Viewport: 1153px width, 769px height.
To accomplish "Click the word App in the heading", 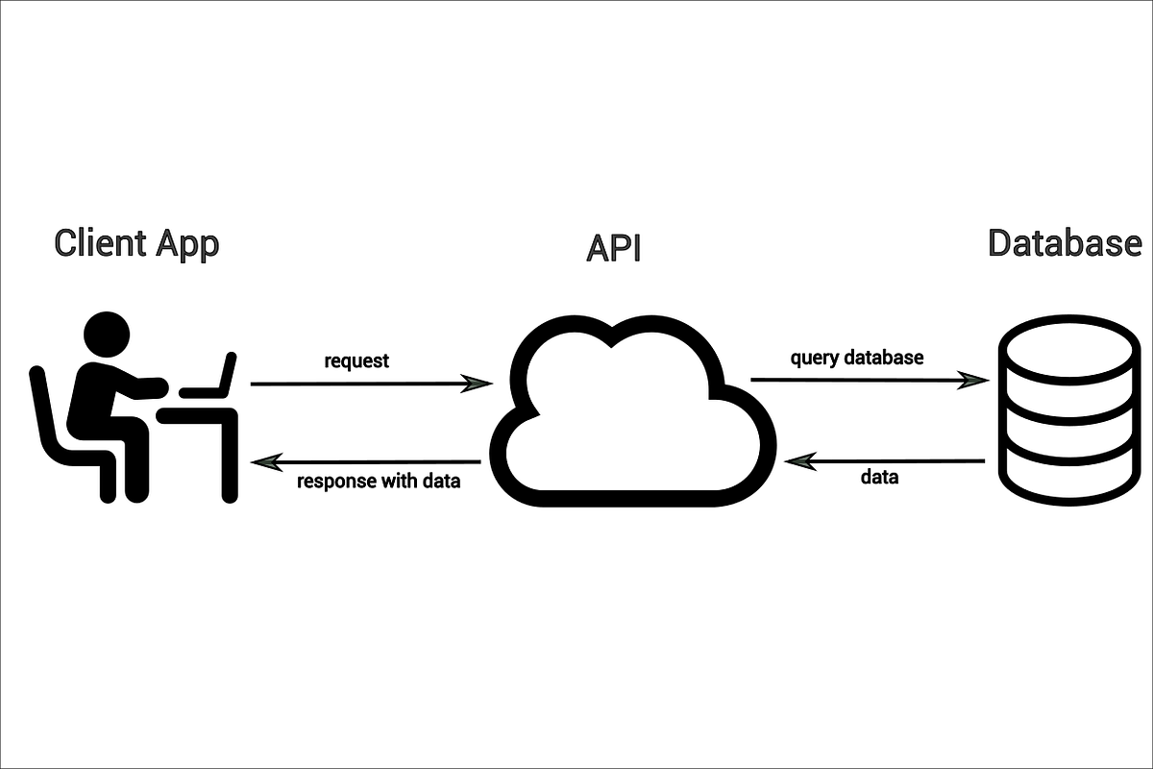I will pyautogui.click(x=185, y=243).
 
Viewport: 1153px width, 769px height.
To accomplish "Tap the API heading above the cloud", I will pyautogui.click(x=613, y=248).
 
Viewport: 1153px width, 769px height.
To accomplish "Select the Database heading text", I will pyautogui.click(x=1065, y=243).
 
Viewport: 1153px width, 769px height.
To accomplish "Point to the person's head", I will pyautogui.click(x=106, y=335).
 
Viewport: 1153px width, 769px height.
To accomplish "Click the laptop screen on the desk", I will pyautogui.click(x=228, y=374).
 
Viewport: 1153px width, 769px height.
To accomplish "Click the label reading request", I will pyautogui.click(x=356, y=361).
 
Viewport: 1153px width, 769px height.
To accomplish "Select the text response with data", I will pyautogui.click(x=379, y=482).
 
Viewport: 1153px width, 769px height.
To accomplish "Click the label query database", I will pyautogui.click(x=857, y=358).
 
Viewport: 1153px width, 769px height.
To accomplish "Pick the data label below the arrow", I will pyautogui.click(x=878, y=477).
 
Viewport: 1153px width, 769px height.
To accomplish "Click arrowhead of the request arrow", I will pyautogui.click(x=478, y=384).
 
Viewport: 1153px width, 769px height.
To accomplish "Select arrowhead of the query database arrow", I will pyautogui.click(x=975, y=380).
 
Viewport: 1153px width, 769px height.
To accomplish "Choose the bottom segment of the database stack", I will pyautogui.click(x=1067, y=481).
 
